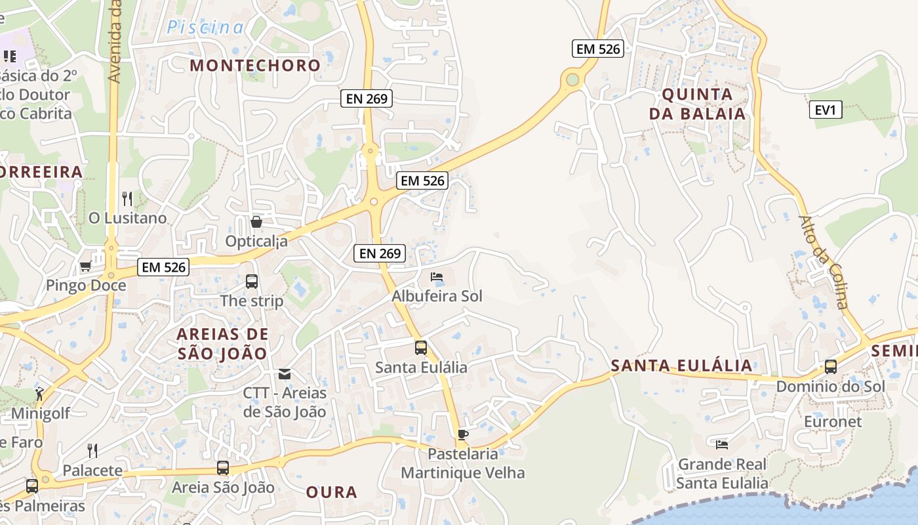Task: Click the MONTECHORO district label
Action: (255, 66)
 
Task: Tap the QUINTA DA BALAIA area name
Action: (697, 104)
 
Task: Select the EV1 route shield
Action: (825, 110)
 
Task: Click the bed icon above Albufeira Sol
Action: (437, 277)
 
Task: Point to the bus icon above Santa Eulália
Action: (420, 348)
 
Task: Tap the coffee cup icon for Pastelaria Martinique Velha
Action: (463, 434)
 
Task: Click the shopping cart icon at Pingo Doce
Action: (85, 266)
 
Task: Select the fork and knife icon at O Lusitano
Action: (127, 198)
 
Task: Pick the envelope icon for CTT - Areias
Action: (285, 374)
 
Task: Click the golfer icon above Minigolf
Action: (39, 394)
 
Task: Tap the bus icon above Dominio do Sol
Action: (831, 367)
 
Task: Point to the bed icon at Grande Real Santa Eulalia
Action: (722, 445)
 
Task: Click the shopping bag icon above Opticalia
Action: (256, 222)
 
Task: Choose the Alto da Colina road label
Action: (824, 262)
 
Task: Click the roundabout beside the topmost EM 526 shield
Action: (572, 80)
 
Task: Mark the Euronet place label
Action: (833, 421)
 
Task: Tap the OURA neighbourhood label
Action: (332, 492)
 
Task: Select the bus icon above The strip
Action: (251, 282)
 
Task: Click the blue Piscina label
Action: (205, 28)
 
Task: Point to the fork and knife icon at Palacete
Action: (92, 451)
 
